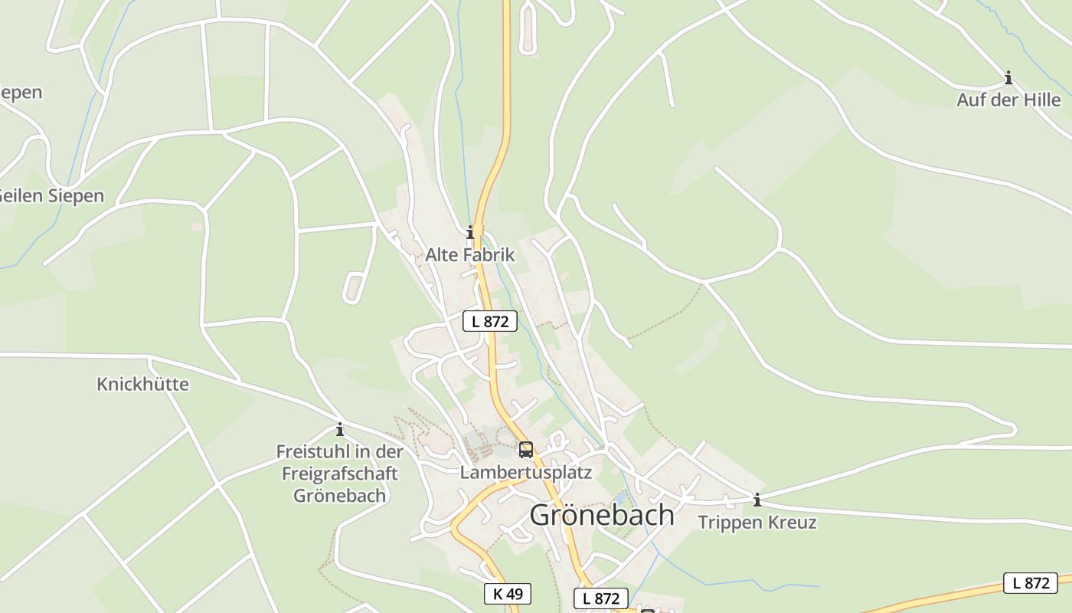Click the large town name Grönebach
point(602,515)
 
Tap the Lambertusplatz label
point(525,472)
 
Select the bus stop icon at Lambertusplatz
point(525,450)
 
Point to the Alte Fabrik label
point(470,255)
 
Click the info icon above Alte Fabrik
point(470,231)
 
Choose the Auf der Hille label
point(1008,100)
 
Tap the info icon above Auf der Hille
point(1008,77)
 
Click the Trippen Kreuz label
point(757,523)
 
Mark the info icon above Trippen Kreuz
point(757,500)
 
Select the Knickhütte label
point(142,384)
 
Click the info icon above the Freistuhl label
point(339,429)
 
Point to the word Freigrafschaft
point(340,473)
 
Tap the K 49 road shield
point(507,593)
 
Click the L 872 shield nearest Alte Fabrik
point(490,321)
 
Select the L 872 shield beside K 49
point(600,598)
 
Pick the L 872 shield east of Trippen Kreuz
point(1030,582)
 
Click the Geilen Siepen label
point(51,195)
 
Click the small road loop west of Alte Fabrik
point(353,287)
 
